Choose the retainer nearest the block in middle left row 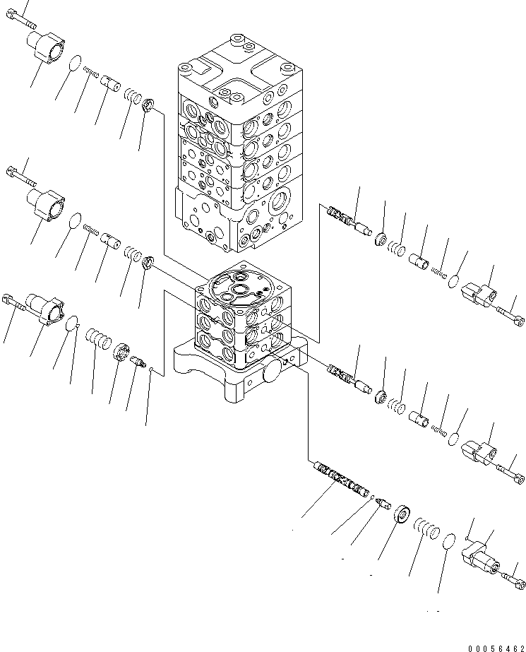[x=148, y=263]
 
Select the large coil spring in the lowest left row [x=98, y=338]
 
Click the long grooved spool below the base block [x=340, y=480]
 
